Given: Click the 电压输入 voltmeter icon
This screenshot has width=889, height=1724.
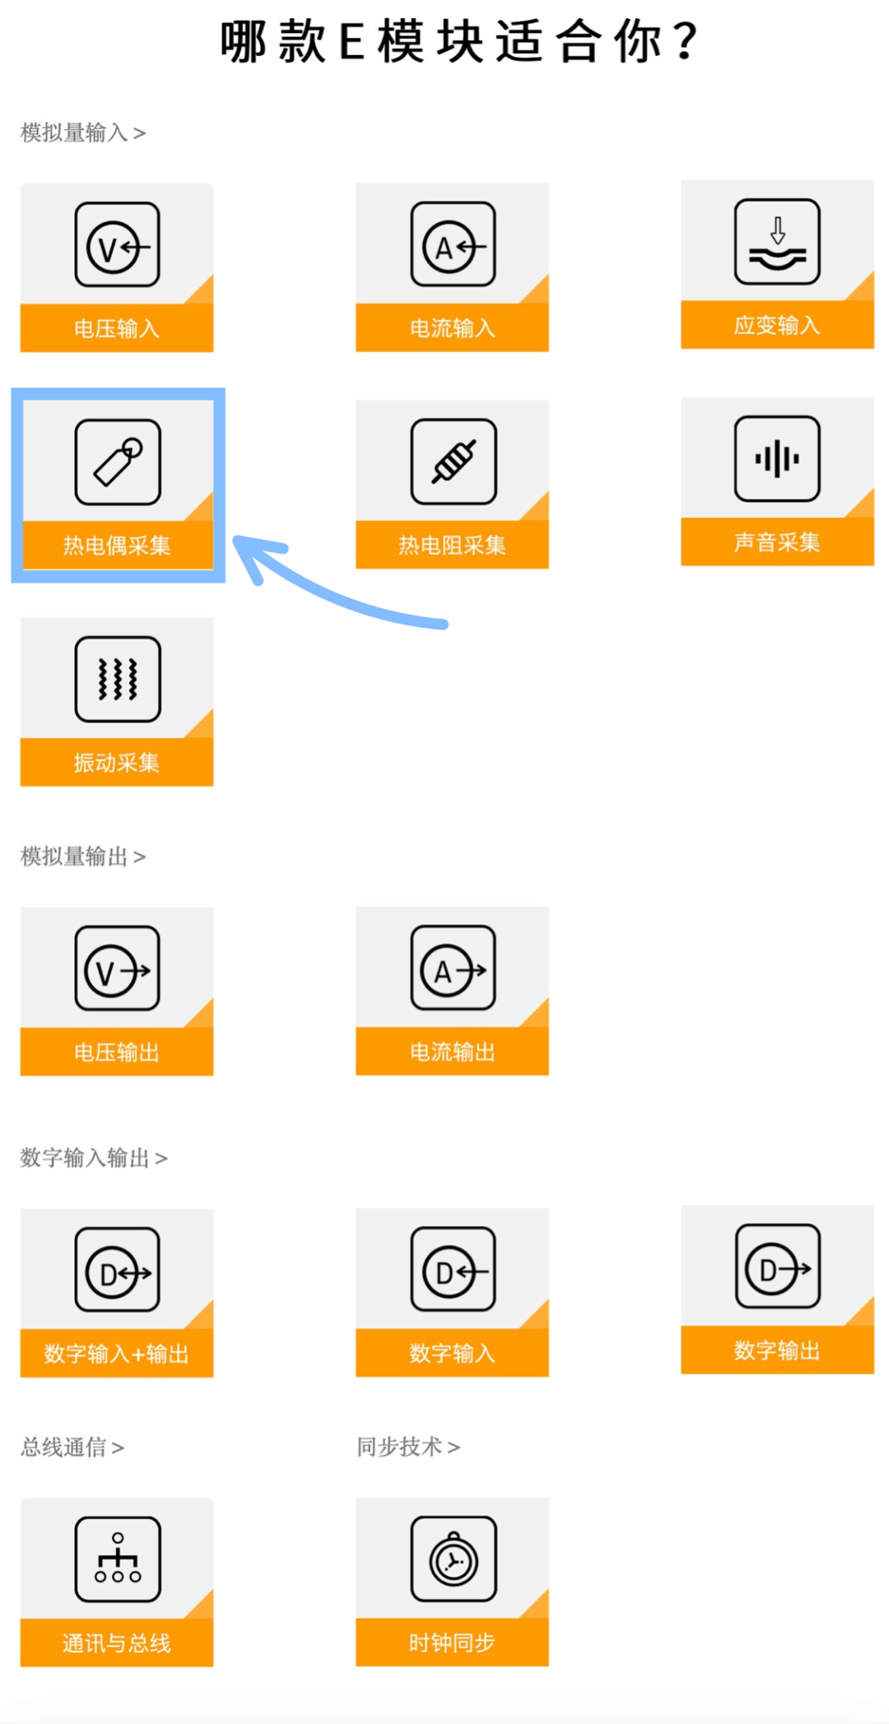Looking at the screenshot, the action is tap(117, 244).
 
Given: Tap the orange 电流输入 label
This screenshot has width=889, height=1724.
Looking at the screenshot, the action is tap(452, 328).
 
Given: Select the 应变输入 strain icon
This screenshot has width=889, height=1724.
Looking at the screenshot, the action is tap(777, 241).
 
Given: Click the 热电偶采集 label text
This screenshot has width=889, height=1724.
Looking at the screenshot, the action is tap(117, 545).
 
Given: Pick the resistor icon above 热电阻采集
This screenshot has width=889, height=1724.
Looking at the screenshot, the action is tap(454, 462).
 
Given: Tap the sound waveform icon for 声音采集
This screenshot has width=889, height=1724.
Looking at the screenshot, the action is tap(777, 458).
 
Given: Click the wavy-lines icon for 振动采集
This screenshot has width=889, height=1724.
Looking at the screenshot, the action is tap(118, 679).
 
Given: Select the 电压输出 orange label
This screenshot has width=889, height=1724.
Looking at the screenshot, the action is tap(117, 1052).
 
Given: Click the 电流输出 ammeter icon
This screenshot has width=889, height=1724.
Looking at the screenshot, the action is tap(453, 968).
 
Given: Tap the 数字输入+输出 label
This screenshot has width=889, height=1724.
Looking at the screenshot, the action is tap(117, 1353).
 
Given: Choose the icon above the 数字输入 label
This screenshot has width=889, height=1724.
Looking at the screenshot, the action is tap(453, 1269).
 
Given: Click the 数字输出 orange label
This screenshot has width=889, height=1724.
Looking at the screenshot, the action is tap(777, 1350).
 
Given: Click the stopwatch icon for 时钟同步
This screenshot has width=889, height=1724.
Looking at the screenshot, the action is tap(454, 1559).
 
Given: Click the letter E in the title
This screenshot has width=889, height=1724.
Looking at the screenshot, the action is tap(351, 42).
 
